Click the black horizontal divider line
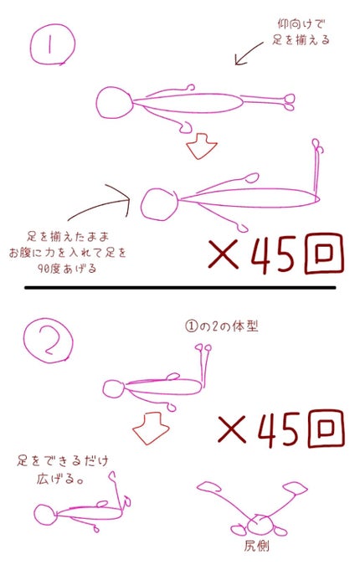(x=180, y=288)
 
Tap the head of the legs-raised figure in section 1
(x=157, y=204)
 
